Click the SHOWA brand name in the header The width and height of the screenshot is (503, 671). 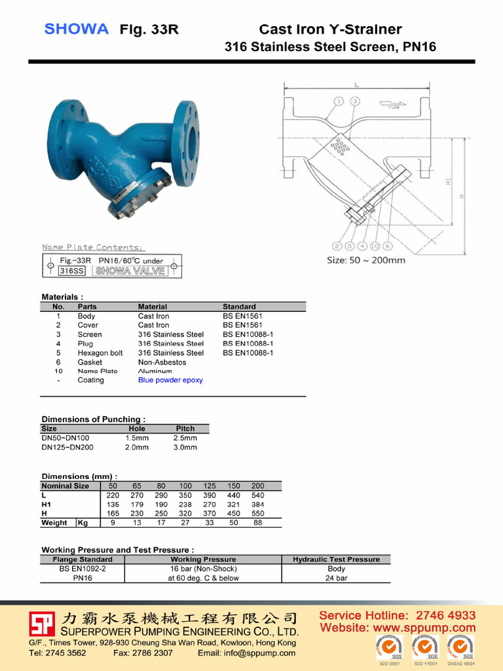pos(76,29)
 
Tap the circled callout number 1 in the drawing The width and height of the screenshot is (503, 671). pos(339,101)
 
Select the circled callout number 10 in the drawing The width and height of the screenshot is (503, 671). pos(375,246)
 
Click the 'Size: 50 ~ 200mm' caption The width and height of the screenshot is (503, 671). pos(365,260)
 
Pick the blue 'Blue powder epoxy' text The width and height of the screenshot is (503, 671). pos(170,380)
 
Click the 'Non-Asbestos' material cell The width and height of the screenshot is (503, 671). pos(162,362)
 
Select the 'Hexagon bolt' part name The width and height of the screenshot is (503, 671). pos(100,353)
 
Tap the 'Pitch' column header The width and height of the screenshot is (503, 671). pos(185,429)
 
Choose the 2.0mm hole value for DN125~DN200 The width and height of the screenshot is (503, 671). pos(137,448)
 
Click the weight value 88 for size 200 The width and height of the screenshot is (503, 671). pos(257,523)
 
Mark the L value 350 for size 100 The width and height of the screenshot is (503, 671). pos(185,495)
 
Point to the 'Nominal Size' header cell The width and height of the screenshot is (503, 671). pos(65,486)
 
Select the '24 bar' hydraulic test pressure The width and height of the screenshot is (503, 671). pos(336,578)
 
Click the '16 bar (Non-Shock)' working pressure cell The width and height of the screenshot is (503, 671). pos(203,569)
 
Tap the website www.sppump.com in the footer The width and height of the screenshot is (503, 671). pos(398,628)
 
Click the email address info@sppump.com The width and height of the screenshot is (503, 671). pos(246,653)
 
